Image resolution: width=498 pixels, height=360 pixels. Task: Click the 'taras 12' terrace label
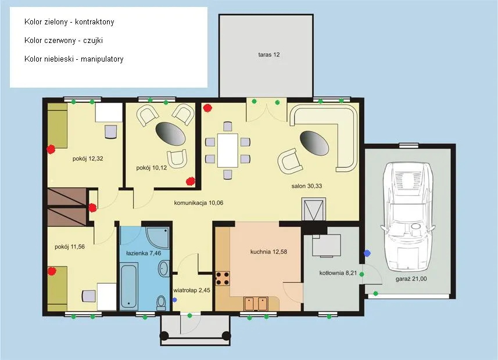point(268,55)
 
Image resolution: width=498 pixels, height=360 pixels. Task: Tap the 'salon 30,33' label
point(306,186)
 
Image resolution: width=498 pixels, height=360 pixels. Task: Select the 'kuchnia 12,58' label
point(268,252)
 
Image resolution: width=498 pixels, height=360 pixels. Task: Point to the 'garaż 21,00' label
point(411,279)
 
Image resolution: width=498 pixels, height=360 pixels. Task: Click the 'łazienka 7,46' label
point(144,253)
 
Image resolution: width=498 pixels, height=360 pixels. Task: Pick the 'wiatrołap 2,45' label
point(192,290)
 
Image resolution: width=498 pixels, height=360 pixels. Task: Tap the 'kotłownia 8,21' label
point(338,273)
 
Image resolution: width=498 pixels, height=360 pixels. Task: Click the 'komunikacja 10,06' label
point(199,203)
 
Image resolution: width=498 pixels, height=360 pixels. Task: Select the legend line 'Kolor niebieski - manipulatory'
point(74,59)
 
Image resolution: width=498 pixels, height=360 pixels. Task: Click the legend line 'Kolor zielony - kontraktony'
point(69,22)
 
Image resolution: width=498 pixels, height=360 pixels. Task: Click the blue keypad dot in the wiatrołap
point(174,300)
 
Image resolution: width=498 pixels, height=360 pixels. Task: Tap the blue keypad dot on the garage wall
point(367,253)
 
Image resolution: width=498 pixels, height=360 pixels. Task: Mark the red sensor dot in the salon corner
point(207,108)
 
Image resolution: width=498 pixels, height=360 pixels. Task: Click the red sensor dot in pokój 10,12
point(190,181)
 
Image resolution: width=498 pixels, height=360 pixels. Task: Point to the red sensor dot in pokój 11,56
point(52,271)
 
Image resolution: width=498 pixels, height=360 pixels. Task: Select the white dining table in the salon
point(227,150)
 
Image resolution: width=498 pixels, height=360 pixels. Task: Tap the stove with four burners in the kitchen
point(223,278)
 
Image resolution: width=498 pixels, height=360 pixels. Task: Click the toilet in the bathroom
point(162,303)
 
